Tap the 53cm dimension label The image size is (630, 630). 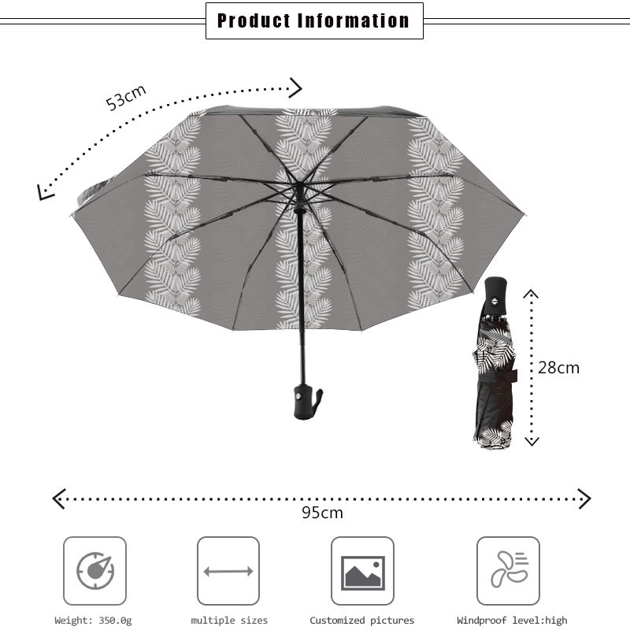click(126, 97)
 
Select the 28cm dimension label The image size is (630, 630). click(558, 368)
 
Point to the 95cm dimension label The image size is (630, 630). click(323, 513)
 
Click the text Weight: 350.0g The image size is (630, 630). click(93, 621)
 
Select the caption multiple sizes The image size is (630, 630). click(229, 621)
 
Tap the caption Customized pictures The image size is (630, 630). click(361, 621)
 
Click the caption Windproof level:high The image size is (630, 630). click(512, 621)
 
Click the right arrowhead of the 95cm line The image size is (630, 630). click(584, 498)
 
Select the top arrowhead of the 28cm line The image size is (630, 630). click(532, 295)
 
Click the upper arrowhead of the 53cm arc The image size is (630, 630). click(296, 86)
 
